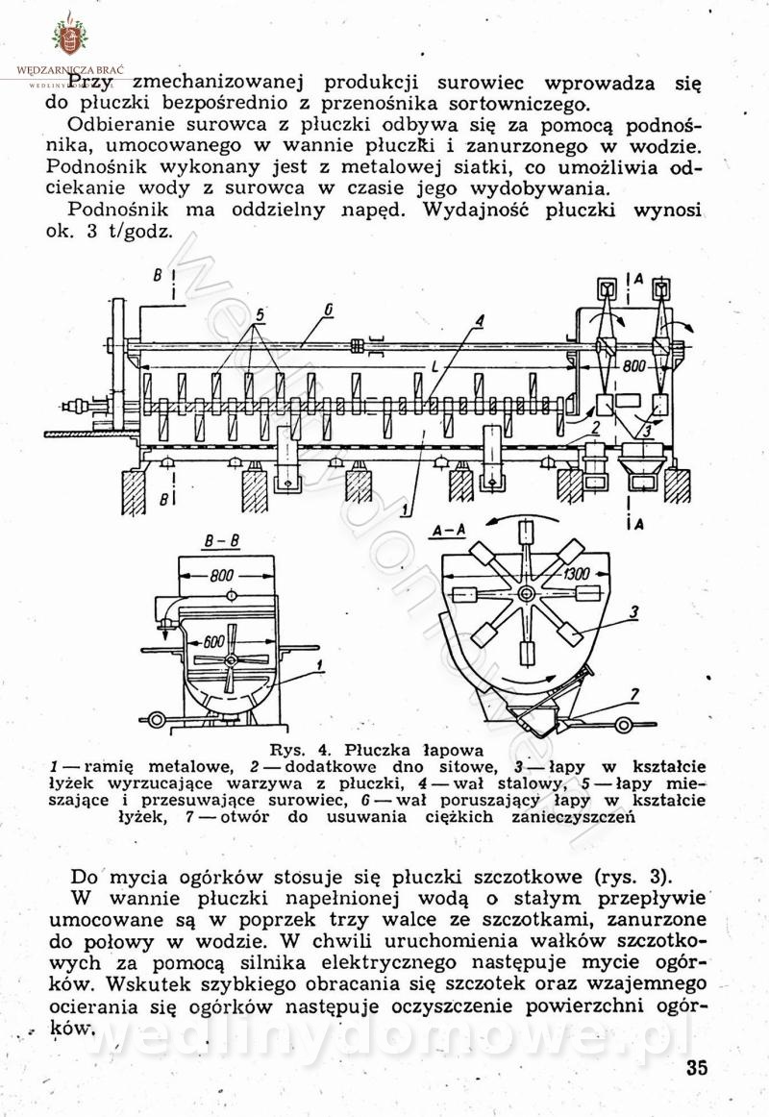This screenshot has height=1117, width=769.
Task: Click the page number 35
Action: pyautogui.click(x=697, y=1069)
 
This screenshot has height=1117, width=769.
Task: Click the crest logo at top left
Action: pyautogui.click(x=68, y=37)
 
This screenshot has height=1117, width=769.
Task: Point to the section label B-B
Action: pyautogui.click(x=220, y=543)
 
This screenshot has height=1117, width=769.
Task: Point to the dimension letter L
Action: pyautogui.click(x=437, y=368)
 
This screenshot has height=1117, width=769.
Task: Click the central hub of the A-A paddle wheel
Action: pyautogui.click(x=525, y=594)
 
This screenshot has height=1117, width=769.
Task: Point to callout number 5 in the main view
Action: pyautogui.click(x=260, y=314)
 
